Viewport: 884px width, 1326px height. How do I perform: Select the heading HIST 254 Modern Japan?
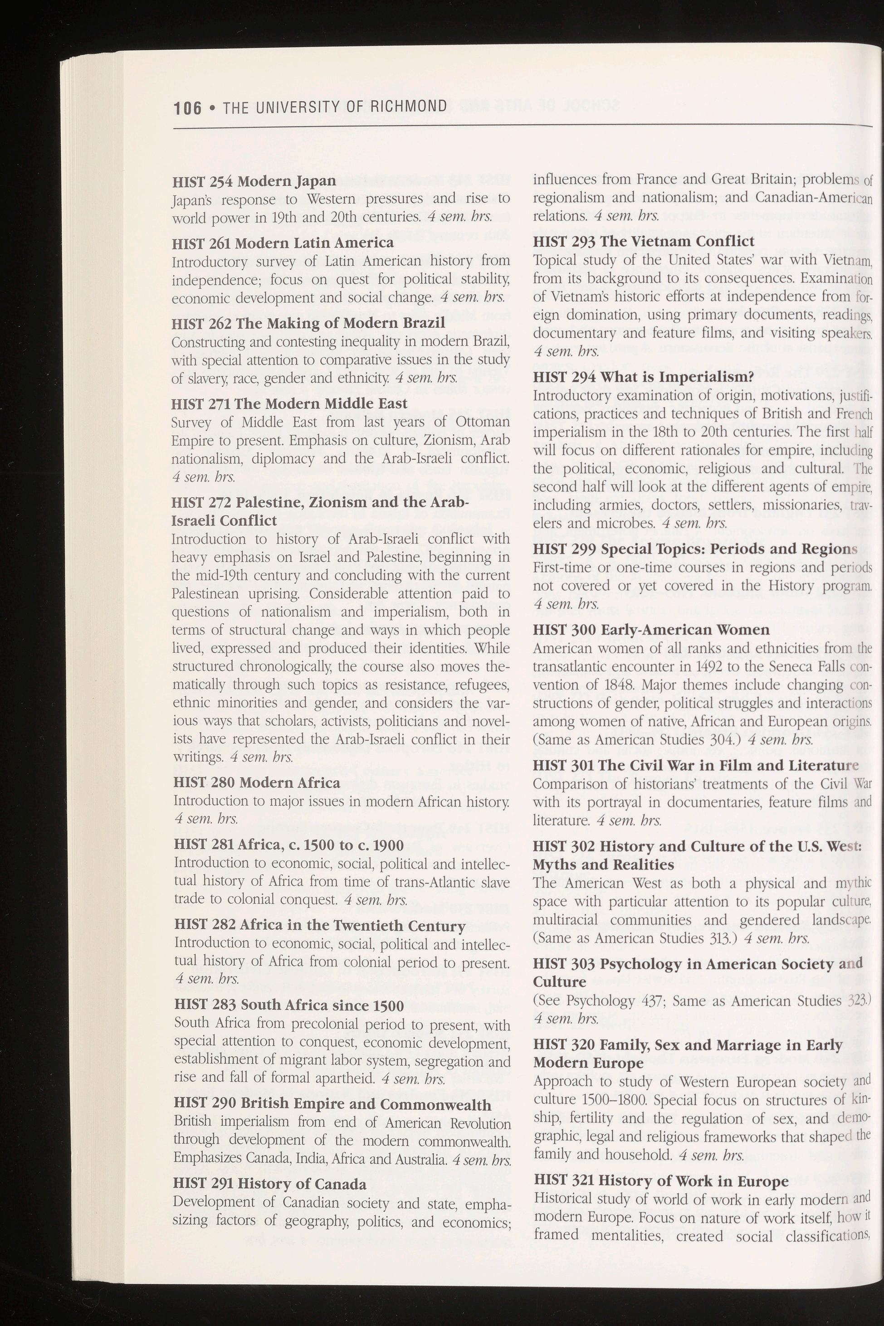coord(254,181)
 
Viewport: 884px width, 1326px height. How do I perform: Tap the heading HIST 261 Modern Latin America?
coord(283,243)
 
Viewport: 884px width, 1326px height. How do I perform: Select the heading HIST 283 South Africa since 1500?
coord(288,1005)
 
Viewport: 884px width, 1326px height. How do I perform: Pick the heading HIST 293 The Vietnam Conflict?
coord(643,242)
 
